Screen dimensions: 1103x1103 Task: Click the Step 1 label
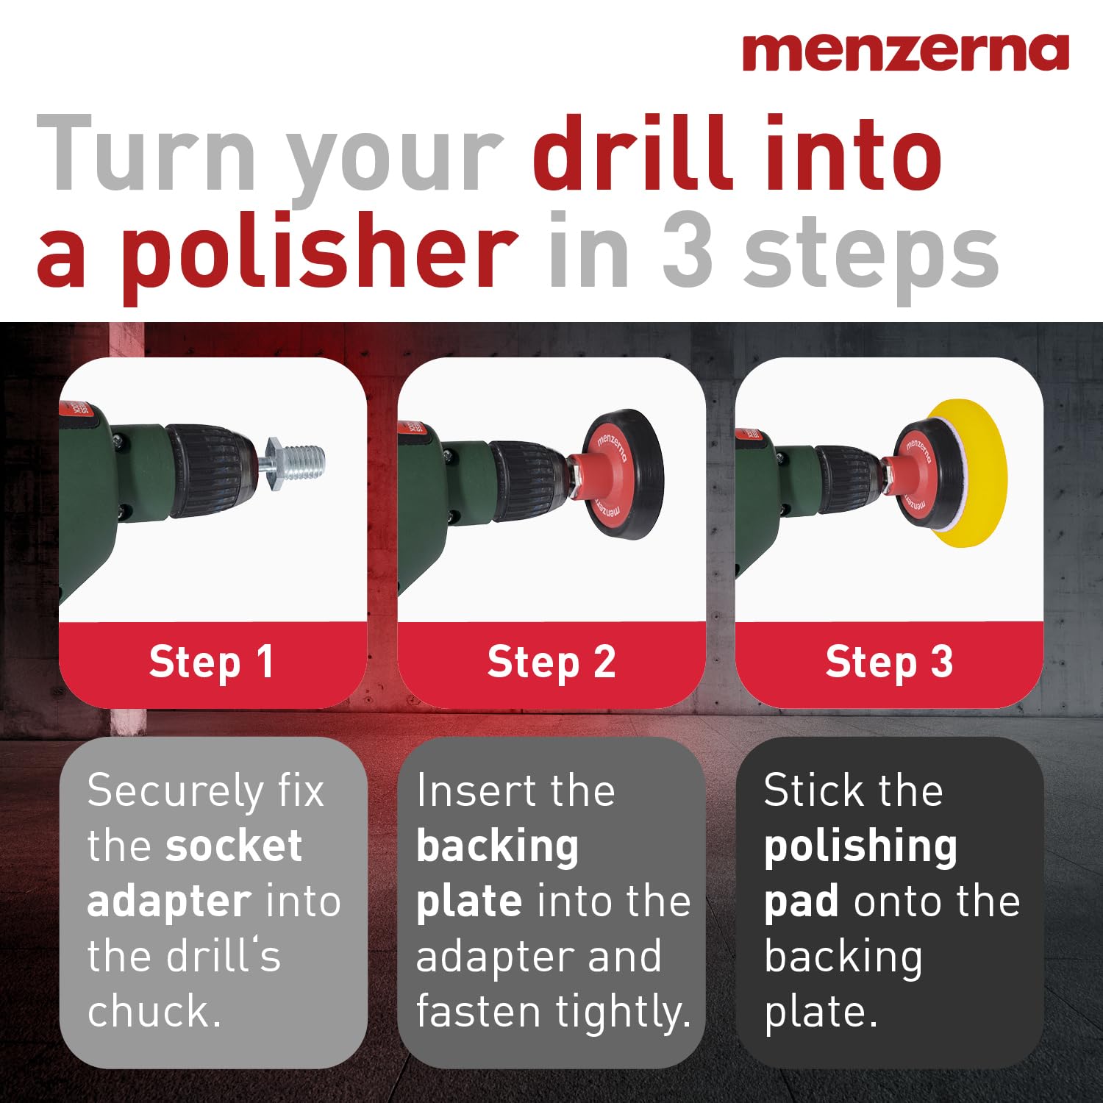coord(212,662)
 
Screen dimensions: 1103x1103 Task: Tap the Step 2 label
coord(551,662)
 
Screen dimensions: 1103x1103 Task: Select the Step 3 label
coord(889,662)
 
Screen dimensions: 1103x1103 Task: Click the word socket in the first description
coord(234,846)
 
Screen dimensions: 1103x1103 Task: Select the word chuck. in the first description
coord(154,1011)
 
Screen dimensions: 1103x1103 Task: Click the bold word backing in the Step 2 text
coord(498,847)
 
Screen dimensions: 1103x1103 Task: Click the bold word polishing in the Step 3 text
coord(860,847)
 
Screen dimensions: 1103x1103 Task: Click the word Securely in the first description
coord(175,792)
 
